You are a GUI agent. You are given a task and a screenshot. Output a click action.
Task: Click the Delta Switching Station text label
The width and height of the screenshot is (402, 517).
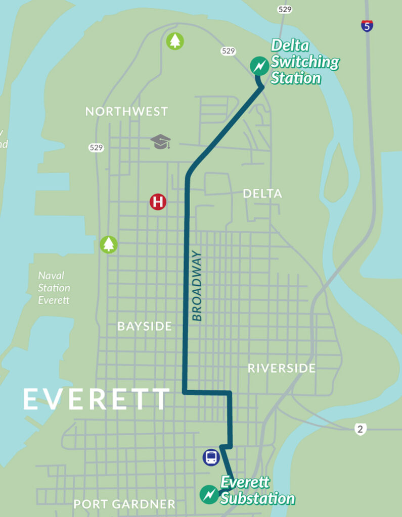point(304,62)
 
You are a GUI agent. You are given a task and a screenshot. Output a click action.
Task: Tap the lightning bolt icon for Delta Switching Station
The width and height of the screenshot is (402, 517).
point(259,66)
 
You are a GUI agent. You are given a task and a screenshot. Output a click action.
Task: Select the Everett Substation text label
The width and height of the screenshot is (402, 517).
point(257,490)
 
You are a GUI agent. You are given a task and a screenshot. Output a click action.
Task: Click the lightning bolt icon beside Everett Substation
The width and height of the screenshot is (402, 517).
point(209,494)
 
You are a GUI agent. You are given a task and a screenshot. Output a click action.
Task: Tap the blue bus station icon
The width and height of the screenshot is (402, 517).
point(211,457)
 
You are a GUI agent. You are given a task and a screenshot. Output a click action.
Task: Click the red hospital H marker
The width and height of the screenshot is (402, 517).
point(158,202)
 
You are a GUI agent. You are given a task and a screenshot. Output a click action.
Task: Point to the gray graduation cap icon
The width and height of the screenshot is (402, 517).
point(161,142)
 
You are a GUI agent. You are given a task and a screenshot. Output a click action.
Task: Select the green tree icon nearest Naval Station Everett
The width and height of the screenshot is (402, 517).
point(108,244)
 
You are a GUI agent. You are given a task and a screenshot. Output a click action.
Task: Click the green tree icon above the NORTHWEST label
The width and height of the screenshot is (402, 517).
point(175,41)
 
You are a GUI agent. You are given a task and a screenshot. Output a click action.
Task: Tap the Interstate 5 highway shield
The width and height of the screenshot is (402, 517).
point(368,26)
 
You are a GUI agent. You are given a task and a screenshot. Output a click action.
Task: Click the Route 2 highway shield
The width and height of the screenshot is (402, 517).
point(360,430)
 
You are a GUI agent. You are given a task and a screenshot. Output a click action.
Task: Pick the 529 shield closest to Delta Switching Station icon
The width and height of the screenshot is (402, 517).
point(228,51)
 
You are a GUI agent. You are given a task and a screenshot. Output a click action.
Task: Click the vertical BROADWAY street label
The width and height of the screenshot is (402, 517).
point(197,286)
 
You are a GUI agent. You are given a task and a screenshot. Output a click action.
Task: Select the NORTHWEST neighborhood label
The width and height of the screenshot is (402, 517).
point(126,112)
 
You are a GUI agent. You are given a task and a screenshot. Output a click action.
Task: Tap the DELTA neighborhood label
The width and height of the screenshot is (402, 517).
point(262,194)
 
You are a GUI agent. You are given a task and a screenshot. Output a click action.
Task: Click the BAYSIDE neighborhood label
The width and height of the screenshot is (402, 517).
point(145,327)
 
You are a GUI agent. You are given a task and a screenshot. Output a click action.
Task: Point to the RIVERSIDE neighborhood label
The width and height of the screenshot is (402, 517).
point(282,368)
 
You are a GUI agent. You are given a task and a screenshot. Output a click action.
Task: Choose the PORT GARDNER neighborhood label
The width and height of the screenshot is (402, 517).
point(124,504)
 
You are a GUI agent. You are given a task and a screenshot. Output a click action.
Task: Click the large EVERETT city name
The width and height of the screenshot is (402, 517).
point(96,399)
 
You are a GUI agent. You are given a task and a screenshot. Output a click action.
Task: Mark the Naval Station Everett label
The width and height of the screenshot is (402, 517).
point(54,288)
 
